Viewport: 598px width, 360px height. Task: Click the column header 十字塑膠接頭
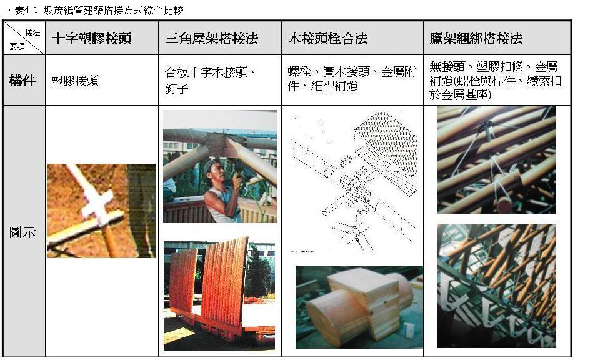click(91, 39)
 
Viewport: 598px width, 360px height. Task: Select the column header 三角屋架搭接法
click(212, 39)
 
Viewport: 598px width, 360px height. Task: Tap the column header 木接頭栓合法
click(327, 39)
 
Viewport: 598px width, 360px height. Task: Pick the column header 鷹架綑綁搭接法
click(476, 39)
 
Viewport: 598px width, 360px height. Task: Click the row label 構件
click(22, 80)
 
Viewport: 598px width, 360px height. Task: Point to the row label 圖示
click(22, 232)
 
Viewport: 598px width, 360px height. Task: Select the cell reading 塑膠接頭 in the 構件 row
click(75, 81)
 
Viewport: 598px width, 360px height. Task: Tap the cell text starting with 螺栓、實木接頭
click(352, 79)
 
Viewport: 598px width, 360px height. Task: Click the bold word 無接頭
click(447, 67)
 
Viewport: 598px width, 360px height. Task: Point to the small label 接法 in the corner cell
click(32, 32)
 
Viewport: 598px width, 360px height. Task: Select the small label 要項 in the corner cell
click(17, 46)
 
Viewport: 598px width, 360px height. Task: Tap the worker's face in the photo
click(217, 172)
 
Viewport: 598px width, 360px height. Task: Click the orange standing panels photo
click(219, 296)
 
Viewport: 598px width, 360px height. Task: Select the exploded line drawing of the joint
click(354, 182)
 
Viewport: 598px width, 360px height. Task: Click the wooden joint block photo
click(359, 307)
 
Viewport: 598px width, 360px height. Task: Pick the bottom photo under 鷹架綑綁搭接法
click(497, 286)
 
